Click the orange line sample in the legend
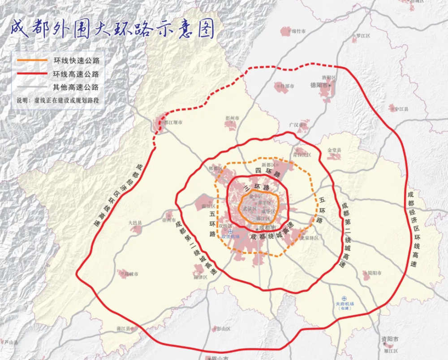pos(32,60)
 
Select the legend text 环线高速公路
pos(76,74)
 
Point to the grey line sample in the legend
pos(32,87)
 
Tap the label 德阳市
pos(319,85)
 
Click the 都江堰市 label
pos(172,122)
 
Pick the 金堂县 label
pos(334,150)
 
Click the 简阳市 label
pos(375,273)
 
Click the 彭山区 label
pos(223,329)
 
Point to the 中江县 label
pos(400,108)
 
